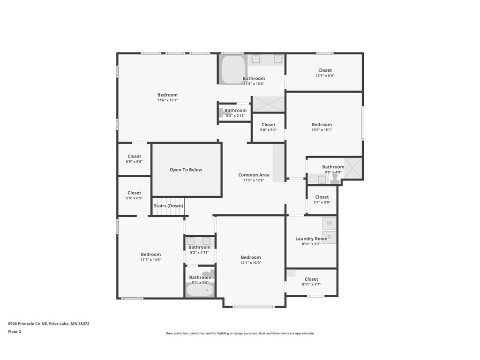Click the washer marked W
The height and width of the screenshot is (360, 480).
click(329, 223)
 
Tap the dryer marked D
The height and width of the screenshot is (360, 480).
click(329, 237)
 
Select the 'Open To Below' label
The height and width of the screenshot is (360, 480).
click(186, 170)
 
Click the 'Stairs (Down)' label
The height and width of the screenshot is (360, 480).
click(168, 206)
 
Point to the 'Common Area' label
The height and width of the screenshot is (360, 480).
click(254, 175)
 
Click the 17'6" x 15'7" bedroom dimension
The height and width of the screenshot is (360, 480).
click(167, 100)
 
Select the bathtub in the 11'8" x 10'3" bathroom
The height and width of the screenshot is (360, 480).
click(232, 70)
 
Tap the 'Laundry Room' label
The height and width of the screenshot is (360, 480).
click(311, 239)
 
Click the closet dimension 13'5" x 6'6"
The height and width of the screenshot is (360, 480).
click(325, 75)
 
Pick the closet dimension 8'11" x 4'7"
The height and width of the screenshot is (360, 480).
click(311, 284)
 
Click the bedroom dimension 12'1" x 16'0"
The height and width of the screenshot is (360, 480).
click(251, 262)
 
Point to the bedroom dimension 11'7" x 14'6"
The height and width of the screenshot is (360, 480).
click(151, 260)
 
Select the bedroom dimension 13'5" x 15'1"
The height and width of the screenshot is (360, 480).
click(322, 130)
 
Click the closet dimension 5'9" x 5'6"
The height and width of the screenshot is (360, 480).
click(134, 162)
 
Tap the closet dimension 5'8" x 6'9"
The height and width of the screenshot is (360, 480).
click(134, 198)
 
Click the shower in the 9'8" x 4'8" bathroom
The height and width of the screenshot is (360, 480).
click(353, 168)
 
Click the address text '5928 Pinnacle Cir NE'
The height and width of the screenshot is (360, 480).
click(28, 323)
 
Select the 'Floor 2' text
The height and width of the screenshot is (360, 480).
click(15, 331)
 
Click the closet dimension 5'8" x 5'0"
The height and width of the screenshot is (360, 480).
click(269, 130)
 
